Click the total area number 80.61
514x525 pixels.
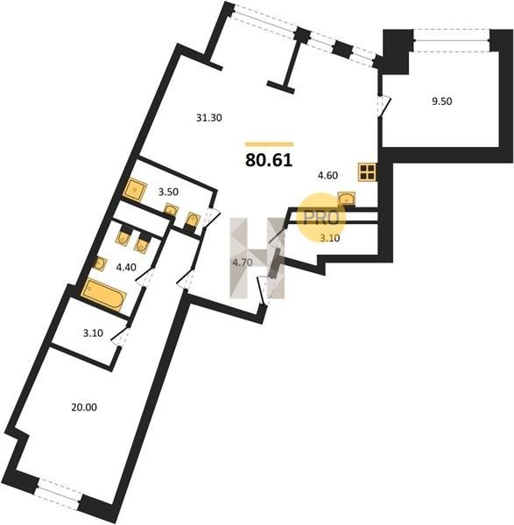[x=269, y=160]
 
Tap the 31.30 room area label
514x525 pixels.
[x=209, y=118]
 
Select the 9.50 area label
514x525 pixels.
[x=442, y=101]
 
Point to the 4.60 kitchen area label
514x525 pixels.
[x=327, y=176]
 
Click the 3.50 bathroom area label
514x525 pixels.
[x=168, y=192]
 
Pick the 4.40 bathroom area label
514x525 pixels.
[x=126, y=267]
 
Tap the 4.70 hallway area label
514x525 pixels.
[x=243, y=262]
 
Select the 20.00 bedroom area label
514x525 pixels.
[x=84, y=408]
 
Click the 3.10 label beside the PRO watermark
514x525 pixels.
[x=330, y=238]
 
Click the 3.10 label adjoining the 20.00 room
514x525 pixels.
[x=93, y=333]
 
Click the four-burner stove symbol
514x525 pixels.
[x=367, y=172]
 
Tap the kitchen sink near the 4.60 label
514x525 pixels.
[x=347, y=199]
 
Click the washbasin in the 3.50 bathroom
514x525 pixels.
[x=171, y=210]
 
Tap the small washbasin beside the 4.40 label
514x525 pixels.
[x=99, y=264]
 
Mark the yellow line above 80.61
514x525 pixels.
[x=270, y=144]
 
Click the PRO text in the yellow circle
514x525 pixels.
[x=321, y=218]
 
